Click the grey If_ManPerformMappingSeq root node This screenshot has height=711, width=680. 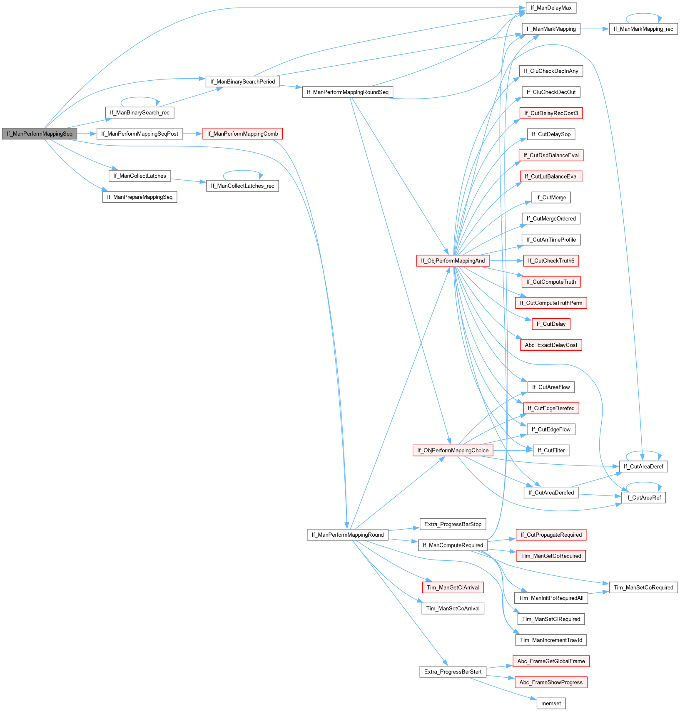point(40,134)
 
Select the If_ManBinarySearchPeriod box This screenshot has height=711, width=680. point(242,82)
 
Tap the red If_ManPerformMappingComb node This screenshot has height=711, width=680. point(242,134)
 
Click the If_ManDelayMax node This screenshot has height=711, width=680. point(551,8)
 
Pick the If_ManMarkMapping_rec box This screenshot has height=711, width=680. point(643,29)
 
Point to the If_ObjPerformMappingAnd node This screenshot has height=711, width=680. point(453,261)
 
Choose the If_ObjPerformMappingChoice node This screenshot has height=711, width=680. point(453,451)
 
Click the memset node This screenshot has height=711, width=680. point(551,704)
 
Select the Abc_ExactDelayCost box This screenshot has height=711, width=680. point(551,345)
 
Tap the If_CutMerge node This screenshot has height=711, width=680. point(551,198)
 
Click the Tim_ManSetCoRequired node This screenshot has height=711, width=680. point(643,587)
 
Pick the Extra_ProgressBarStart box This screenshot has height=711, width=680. point(453,672)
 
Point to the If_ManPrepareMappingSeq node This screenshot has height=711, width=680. point(139,197)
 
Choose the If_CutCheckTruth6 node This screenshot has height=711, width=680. point(551,261)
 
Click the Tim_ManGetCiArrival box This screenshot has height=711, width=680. point(453,587)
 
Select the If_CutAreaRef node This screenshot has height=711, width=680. point(643,498)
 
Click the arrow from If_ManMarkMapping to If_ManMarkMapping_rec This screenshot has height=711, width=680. point(594,29)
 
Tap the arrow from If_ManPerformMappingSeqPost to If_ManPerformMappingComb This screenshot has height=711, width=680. point(192,134)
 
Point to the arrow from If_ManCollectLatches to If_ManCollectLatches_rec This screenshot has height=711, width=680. point(188,181)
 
